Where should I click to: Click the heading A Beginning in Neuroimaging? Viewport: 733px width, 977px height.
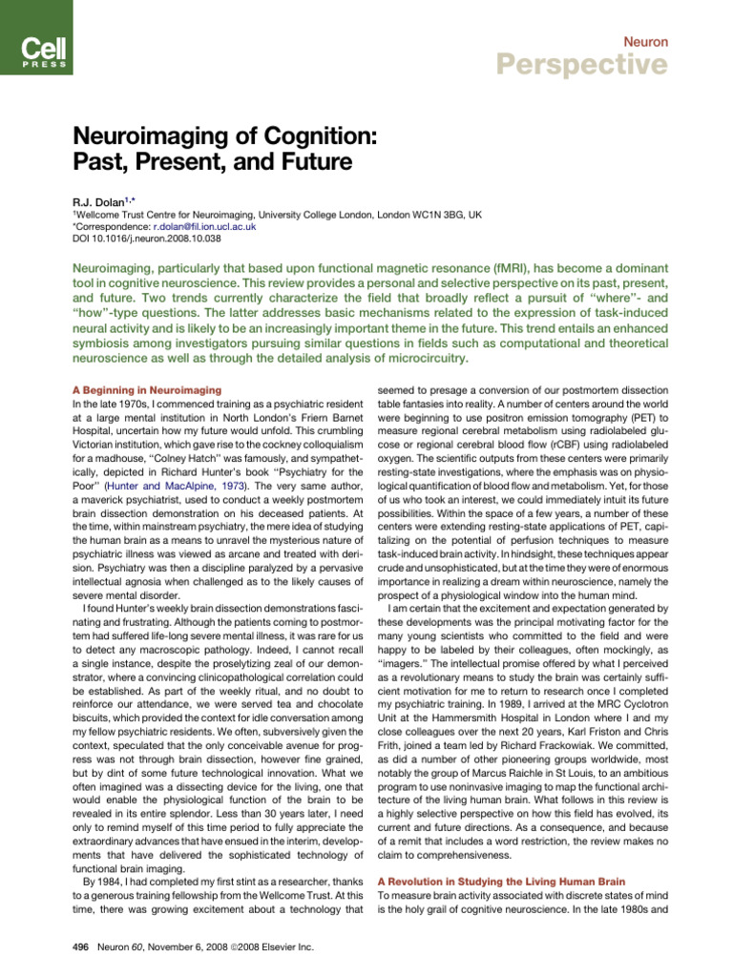point(147,390)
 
